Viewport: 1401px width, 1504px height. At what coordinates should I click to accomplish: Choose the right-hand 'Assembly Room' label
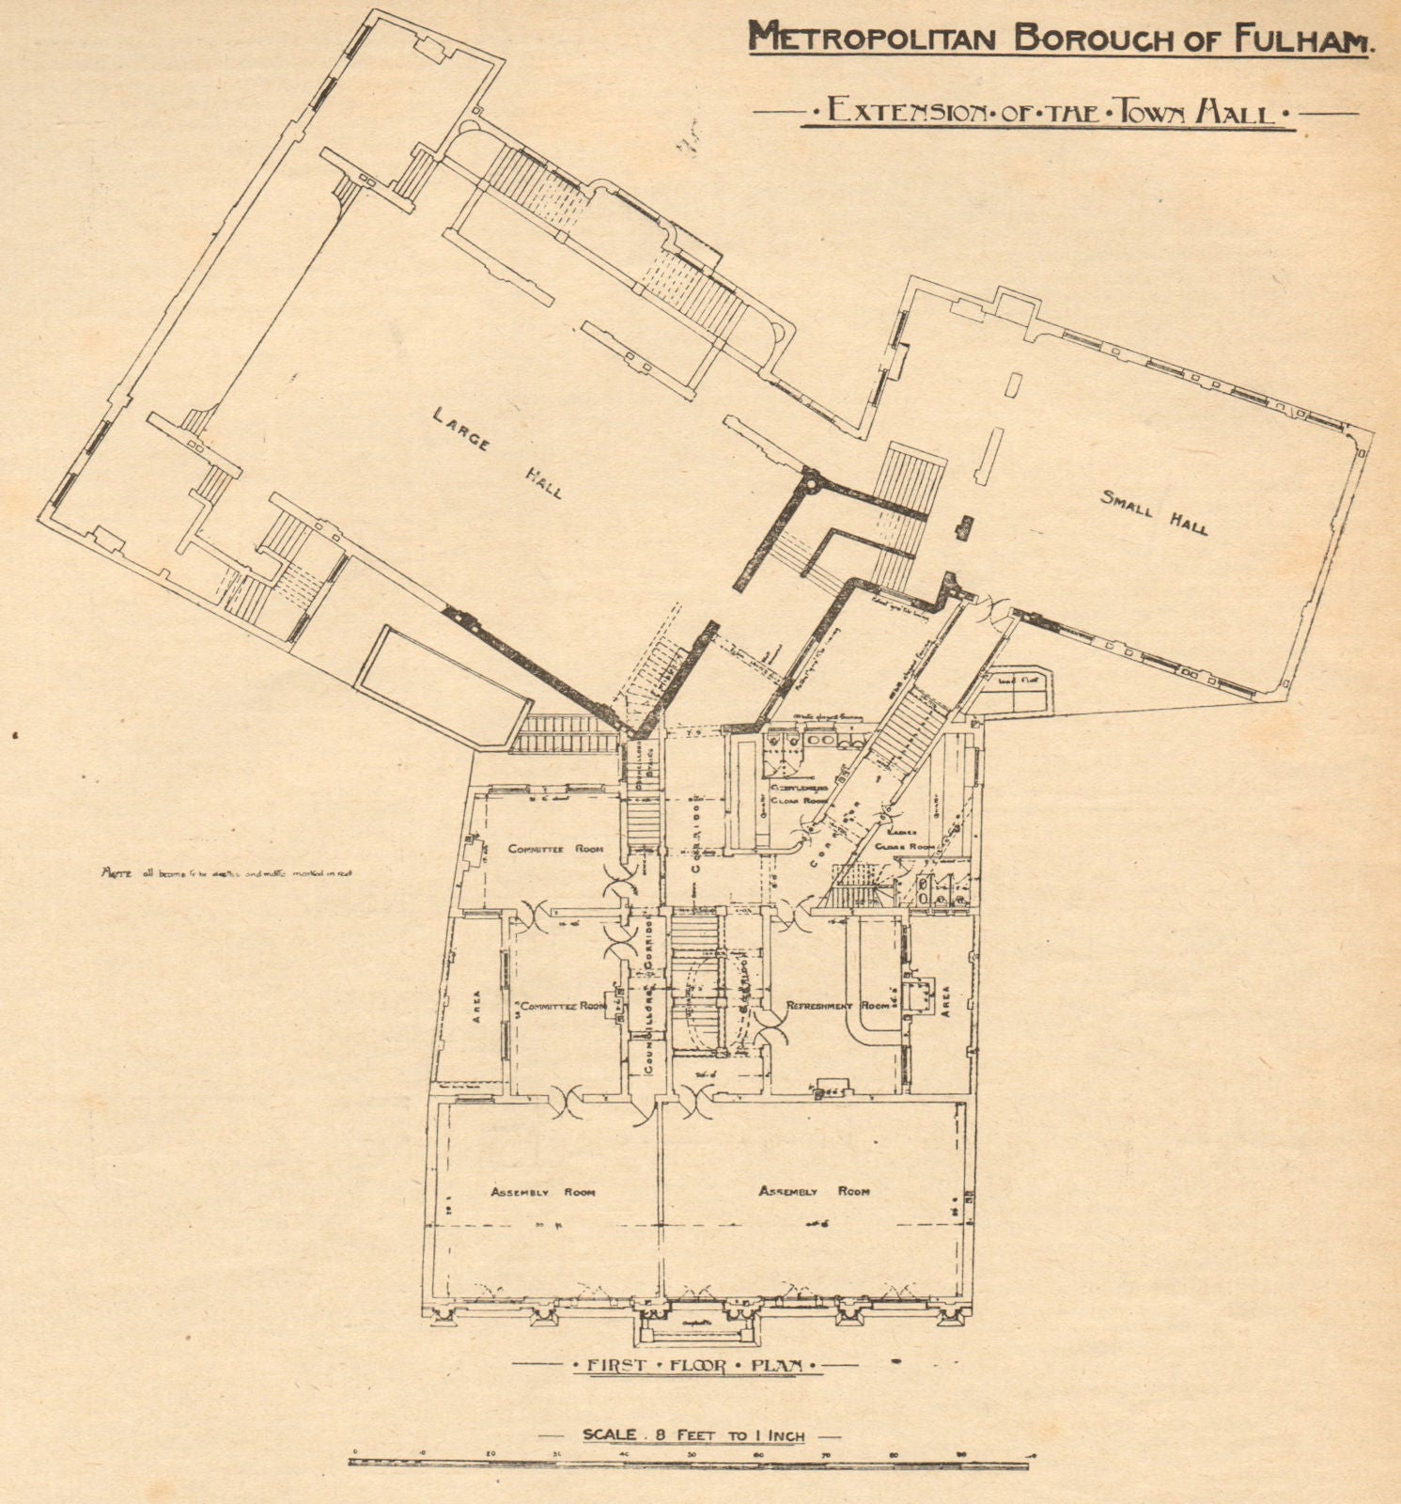814,1191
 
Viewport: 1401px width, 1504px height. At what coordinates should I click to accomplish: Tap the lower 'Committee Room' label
563,1005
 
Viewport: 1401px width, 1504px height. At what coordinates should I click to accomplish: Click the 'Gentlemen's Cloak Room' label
799,793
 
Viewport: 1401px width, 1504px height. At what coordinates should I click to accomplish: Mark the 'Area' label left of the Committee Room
476,1006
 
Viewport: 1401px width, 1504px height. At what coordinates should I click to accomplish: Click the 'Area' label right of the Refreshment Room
945,996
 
